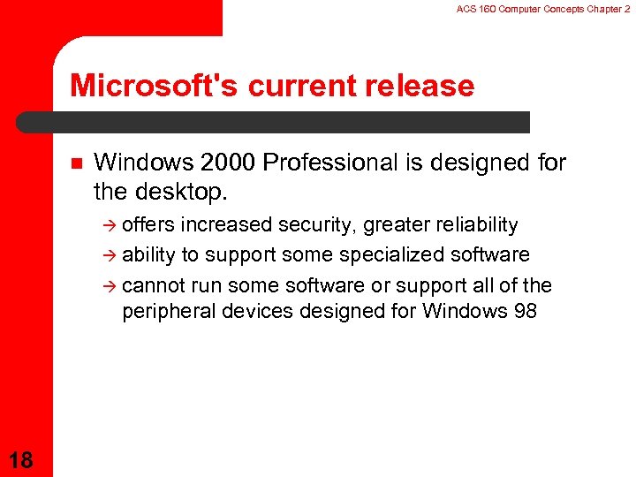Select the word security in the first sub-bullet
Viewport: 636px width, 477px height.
pos(315,225)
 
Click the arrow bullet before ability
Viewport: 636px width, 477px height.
pos(110,256)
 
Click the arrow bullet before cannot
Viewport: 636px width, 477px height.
pos(110,286)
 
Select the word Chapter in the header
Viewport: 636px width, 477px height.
pos(600,8)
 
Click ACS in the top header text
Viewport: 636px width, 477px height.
pos(466,8)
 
